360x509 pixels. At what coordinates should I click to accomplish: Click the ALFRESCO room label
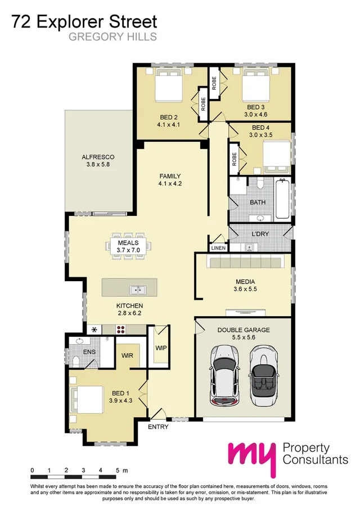tap(98, 157)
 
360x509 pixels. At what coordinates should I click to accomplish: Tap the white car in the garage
tap(223, 374)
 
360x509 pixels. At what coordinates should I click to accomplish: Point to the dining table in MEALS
tap(128, 245)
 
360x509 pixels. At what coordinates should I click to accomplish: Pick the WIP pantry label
tap(161, 348)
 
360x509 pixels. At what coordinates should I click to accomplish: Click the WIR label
tap(127, 356)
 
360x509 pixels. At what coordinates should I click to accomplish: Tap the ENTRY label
tap(158, 427)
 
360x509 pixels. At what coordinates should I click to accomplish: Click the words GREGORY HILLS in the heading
tap(112, 38)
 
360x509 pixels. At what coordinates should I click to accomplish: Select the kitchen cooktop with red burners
tap(123, 330)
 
